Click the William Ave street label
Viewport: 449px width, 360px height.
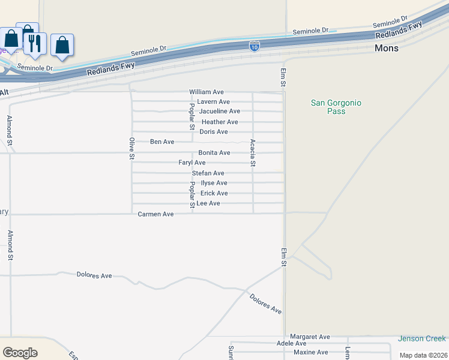coord(206,92)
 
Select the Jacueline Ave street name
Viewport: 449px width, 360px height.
coord(220,112)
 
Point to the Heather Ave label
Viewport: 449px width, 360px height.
coord(220,122)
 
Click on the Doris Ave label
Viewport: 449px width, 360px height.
coord(214,132)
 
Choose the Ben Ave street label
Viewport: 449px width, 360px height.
coord(162,142)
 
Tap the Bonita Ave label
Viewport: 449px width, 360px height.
coord(214,153)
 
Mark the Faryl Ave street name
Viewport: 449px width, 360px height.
coord(192,163)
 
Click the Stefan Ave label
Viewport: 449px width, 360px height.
coord(208,173)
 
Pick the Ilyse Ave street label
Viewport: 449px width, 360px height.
coord(214,183)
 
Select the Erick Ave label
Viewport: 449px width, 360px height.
coord(214,193)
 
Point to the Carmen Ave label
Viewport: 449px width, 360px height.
coord(155,214)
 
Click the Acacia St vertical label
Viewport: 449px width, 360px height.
coord(253,152)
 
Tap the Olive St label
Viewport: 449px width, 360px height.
coord(131,149)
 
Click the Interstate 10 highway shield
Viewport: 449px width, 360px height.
coord(255,46)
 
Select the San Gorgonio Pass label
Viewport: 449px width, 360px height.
coord(336,107)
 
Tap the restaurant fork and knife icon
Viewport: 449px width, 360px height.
coord(35,43)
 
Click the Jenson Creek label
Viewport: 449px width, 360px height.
coord(422,339)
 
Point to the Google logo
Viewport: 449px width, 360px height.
coord(20,353)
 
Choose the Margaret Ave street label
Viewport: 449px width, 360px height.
coord(310,337)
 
